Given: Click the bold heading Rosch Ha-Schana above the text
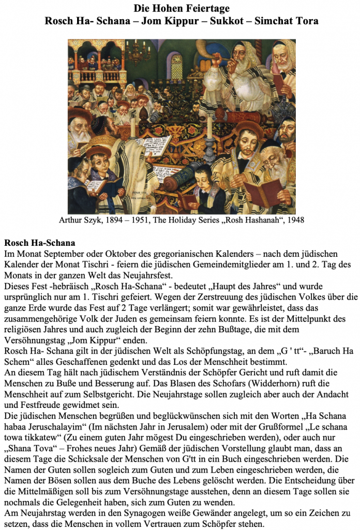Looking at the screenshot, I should pos(40,242).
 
